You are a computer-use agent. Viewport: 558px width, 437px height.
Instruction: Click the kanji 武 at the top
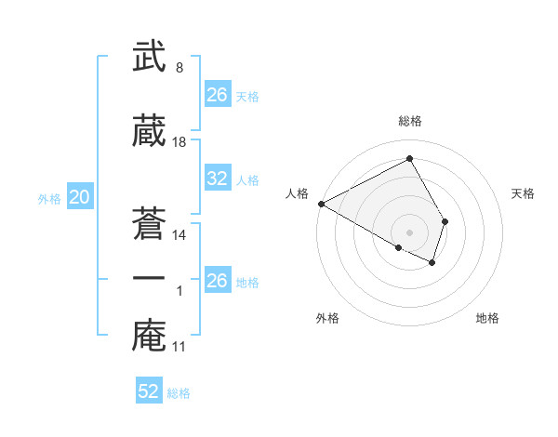coord(149,57)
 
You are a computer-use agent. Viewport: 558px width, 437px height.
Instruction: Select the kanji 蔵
coord(149,131)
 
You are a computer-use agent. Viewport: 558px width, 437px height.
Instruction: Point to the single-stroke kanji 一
coord(149,278)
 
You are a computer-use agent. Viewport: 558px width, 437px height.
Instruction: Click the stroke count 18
coord(179,142)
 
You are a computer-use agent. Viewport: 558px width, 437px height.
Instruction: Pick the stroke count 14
coord(179,235)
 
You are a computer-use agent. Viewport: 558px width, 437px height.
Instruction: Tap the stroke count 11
coord(179,347)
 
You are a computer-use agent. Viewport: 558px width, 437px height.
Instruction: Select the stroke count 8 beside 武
coord(179,68)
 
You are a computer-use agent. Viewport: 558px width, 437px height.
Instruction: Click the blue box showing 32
coord(217,179)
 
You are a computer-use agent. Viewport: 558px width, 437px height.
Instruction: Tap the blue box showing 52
coord(149,391)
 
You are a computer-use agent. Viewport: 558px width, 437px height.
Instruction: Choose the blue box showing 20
coord(79,197)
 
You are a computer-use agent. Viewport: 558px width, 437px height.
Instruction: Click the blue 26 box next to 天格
coord(217,95)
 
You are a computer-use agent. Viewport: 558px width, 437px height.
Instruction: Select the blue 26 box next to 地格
coord(217,281)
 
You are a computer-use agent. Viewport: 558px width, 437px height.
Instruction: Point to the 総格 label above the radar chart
coord(410,121)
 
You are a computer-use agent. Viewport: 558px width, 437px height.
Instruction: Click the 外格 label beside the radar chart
coord(327,318)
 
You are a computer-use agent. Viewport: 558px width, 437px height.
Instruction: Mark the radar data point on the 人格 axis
coord(321,204)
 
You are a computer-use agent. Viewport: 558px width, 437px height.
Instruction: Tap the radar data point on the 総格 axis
coord(410,158)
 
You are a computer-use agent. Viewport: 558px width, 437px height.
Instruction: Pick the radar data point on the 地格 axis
coord(432,263)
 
